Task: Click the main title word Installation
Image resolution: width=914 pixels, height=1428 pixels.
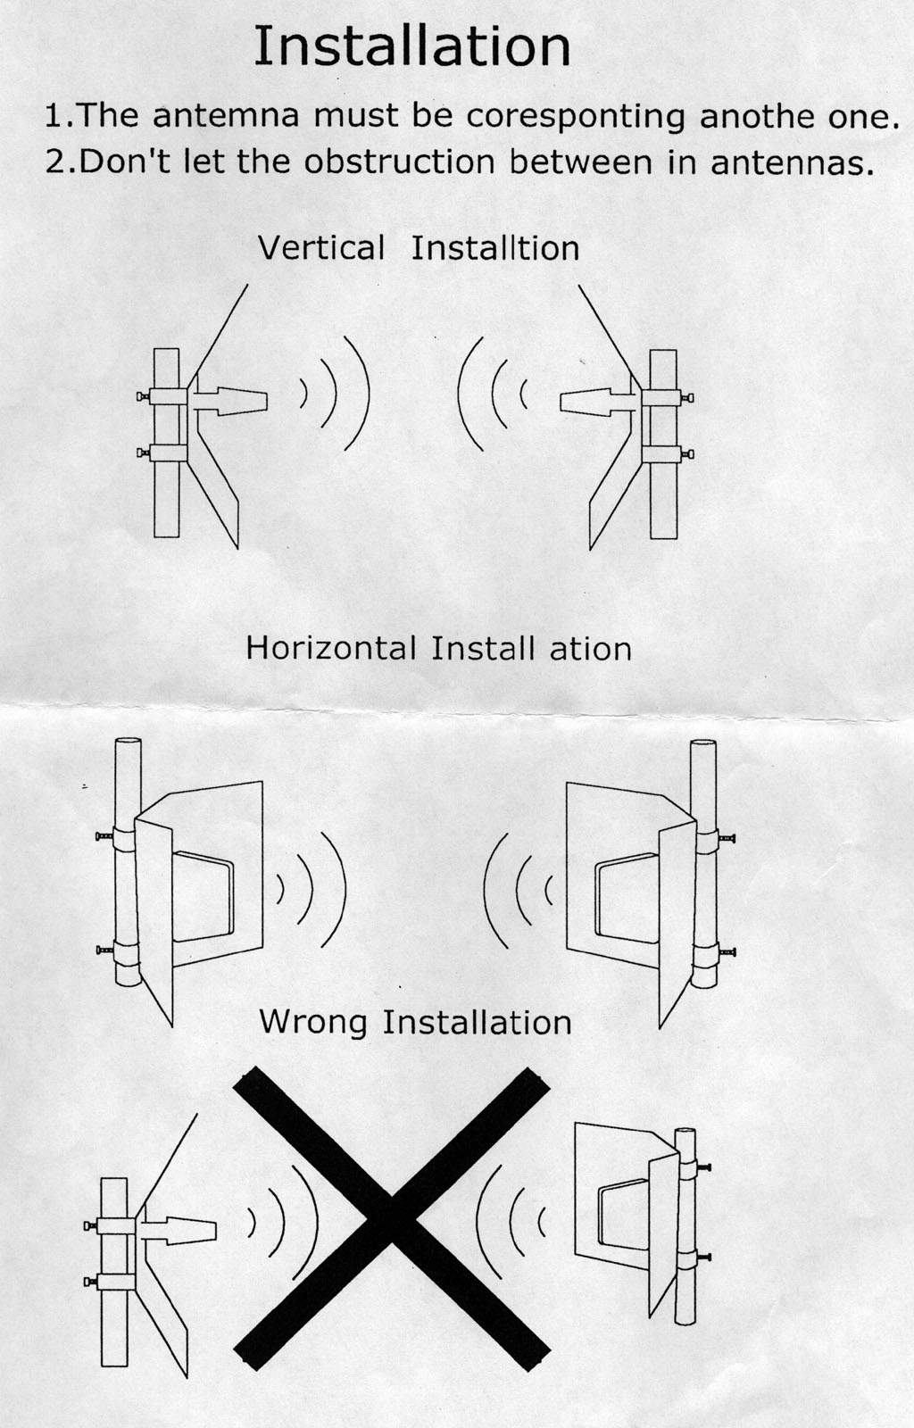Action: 411,46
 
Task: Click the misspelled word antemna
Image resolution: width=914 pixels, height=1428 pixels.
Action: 227,116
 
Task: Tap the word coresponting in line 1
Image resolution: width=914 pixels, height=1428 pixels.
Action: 576,117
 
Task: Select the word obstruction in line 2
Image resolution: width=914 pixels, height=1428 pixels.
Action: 400,162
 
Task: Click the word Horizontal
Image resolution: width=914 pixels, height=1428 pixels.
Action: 331,648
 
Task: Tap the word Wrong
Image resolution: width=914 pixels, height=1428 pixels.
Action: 313,1023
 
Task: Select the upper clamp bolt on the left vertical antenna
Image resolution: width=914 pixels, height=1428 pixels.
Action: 143,396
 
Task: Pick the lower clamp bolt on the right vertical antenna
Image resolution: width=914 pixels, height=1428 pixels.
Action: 687,454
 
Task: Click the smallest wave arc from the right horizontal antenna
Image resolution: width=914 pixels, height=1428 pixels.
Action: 548,890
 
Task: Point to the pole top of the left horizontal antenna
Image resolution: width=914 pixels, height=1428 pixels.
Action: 128,742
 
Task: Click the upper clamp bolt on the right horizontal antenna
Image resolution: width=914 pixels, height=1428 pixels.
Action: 726,838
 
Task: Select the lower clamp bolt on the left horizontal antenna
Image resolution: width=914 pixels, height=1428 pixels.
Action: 104,951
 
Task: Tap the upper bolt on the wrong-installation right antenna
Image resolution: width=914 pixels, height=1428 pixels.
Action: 703,1167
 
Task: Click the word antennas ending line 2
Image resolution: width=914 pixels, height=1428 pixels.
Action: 792,162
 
